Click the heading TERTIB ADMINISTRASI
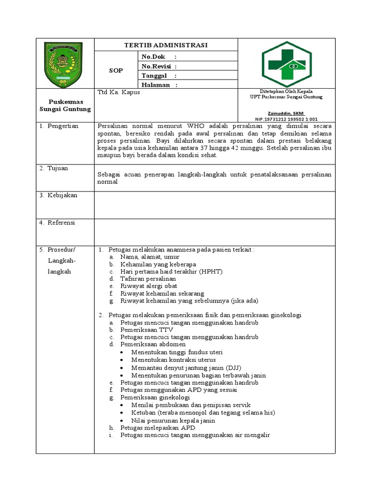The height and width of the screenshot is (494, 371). (x=166, y=45)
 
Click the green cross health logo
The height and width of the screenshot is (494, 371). (x=286, y=64)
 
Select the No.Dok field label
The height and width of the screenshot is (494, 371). (x=153, y=56)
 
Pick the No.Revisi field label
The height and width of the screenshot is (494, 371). (x=157, y=66)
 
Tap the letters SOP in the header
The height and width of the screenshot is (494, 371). (x=115, y=70)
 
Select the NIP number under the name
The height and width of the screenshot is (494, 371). (x=286, y=119)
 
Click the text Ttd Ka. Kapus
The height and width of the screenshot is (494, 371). (x=118, y=92)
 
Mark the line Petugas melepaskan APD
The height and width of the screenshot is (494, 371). (x=157, y=427)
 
